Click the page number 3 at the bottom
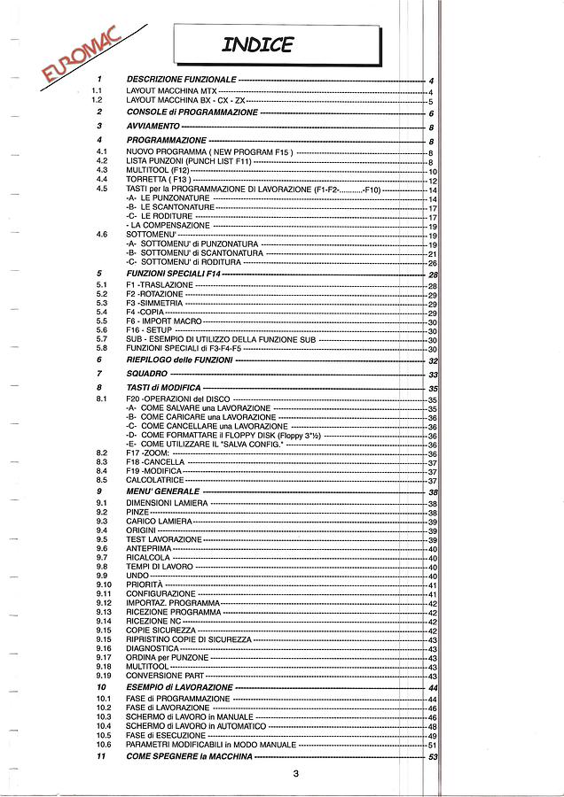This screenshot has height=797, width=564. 294,776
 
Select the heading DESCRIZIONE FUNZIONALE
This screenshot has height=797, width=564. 181,80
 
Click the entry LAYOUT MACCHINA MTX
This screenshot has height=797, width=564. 171,91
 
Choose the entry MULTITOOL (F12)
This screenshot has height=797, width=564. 158,170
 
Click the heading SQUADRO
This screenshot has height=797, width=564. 147,375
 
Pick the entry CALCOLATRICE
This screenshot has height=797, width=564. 154,480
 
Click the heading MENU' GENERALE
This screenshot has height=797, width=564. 163,491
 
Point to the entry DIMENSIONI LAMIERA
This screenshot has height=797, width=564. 167,503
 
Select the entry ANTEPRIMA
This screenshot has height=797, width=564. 148,548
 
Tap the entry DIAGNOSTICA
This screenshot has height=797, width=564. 153,648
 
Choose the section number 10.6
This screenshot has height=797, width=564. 104,745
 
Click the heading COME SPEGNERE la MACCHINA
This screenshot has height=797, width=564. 189,757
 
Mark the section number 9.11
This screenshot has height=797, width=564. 104,593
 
